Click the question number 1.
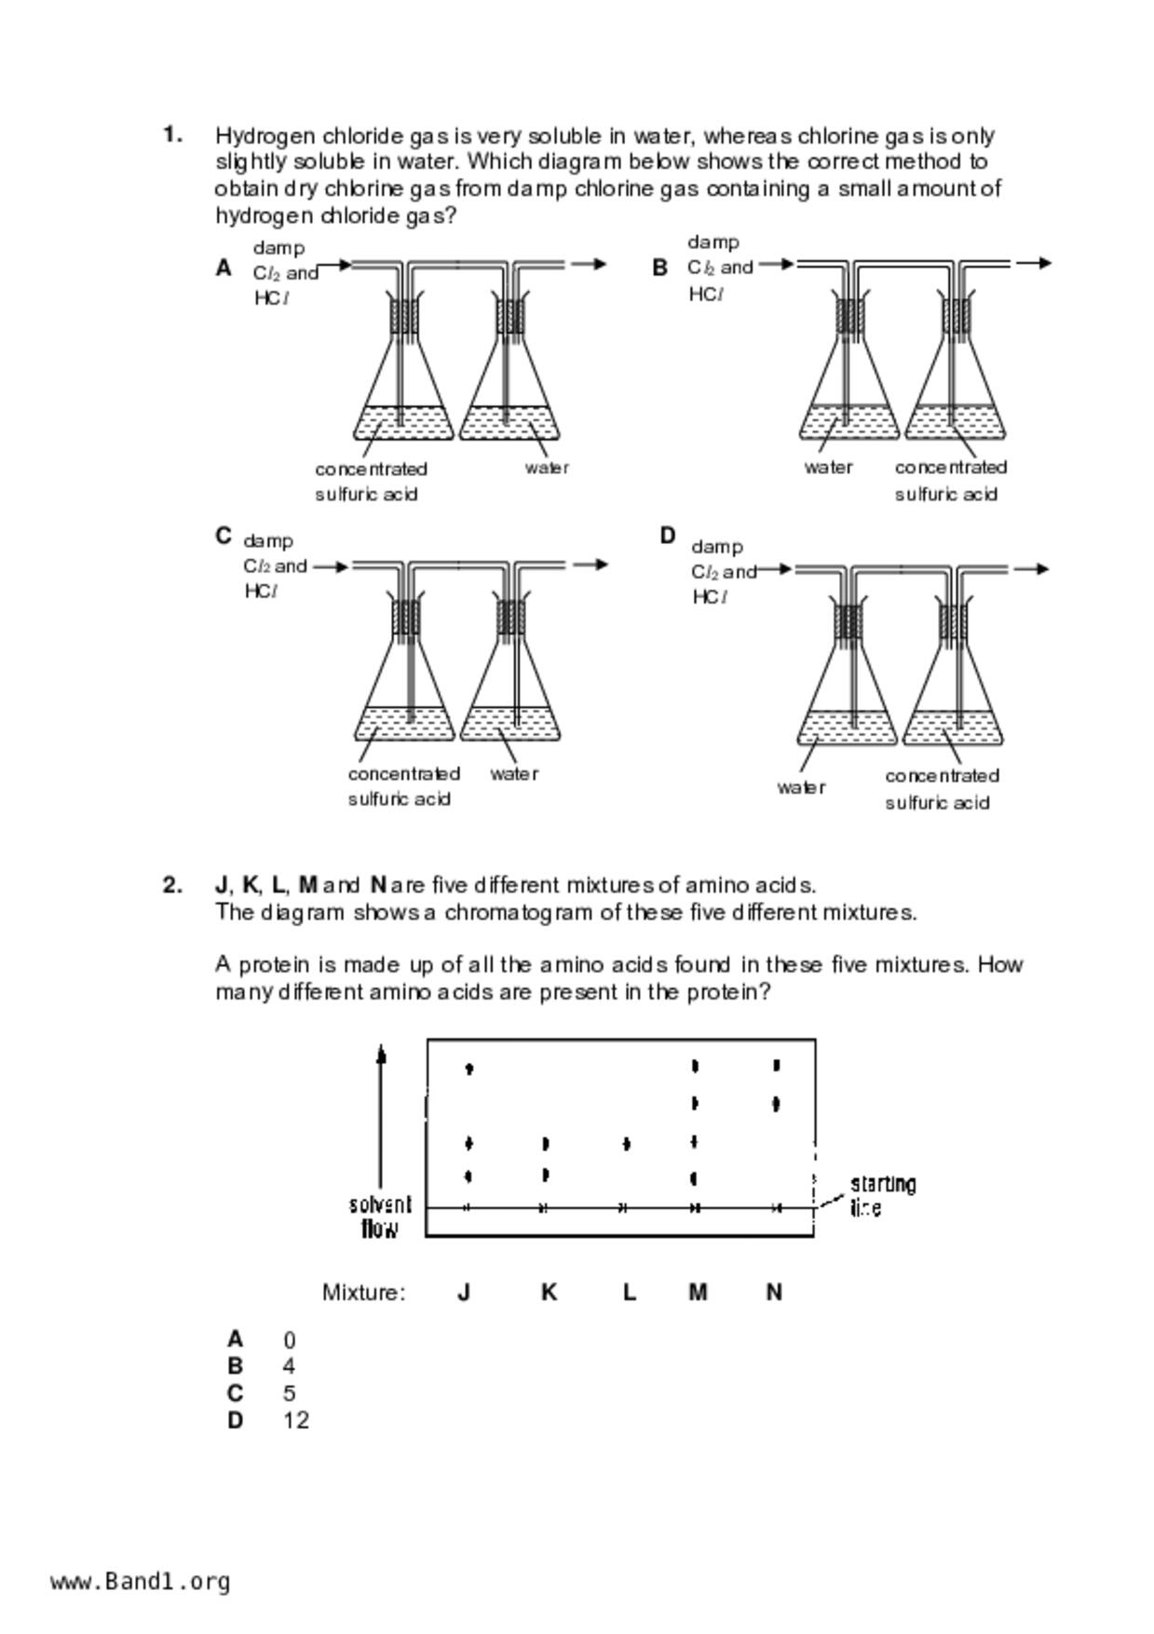coord(172,135)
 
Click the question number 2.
coord(172,885)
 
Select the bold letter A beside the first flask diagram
coord(224,268)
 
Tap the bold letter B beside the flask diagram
coord(659,267)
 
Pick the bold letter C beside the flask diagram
coord(224,537)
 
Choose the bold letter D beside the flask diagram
coord(667,536)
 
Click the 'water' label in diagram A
coord(547,468)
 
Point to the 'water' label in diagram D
coord(801,787)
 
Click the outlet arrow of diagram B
coord(1033,264)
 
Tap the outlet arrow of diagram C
coord(589,565)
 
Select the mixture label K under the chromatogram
coord(549,1292)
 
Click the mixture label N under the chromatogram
coord(774,1292)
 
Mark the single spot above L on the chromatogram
coord(626,1143)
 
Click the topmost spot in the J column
coord(468,1069)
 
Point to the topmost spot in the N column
coord(777,1066)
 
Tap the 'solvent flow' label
coord(380,1217)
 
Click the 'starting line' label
coord(882,1196)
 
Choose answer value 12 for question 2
coord(296,1421)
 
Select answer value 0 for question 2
coord(290,1341)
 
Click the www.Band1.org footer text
coord(141,1581)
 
